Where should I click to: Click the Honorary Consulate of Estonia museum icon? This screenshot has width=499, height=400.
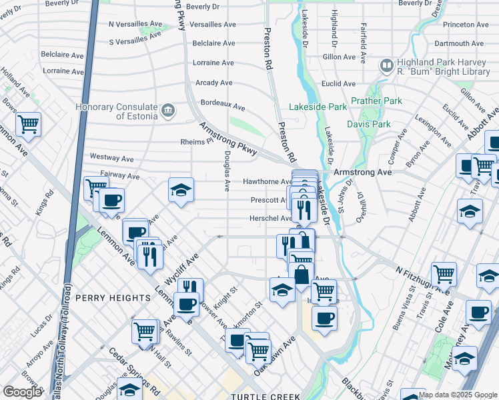pos(167,109)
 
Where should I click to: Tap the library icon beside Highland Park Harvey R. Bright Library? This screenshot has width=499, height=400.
pos(386,65)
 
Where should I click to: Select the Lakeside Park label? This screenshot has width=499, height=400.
pos(318,107)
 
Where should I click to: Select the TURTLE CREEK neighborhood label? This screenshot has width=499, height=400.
pos(266,397)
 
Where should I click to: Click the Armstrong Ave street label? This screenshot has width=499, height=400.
pos(362,171)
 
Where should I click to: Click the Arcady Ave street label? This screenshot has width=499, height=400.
pos(213,83)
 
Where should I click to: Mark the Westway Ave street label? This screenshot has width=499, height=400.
pos(111,159)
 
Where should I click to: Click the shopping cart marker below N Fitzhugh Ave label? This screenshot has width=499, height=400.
pos(444,273)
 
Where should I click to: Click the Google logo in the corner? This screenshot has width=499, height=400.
pos(22,392)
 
